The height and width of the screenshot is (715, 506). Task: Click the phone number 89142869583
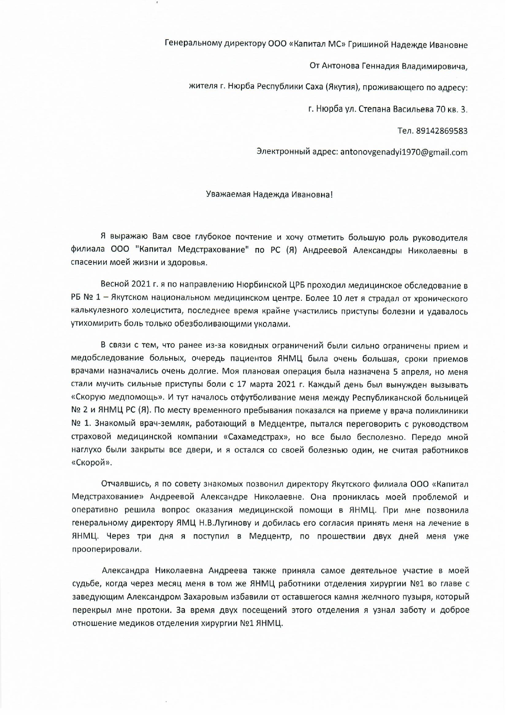click(442, 131)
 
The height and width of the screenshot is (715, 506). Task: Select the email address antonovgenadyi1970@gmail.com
click(404, 152)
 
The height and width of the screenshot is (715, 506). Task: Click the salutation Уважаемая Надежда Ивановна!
click(269, 194)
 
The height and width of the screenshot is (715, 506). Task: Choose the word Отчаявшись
click(126, 484)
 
